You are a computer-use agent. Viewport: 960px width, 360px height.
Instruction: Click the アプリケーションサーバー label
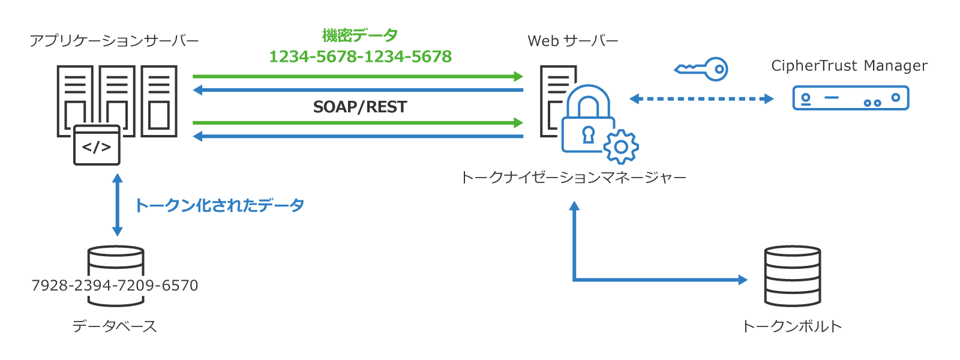(114, 41)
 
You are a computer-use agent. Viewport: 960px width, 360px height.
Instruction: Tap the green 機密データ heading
(359, 35)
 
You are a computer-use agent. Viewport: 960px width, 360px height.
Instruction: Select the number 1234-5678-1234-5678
(360, 56)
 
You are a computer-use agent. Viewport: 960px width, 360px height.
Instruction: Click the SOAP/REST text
(360, 107)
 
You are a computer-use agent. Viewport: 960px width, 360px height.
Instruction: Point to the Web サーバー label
(573, 41)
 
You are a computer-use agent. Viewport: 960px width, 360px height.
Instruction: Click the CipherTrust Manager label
(849, 65)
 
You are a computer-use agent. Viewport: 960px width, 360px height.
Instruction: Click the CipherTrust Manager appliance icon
(850, 98)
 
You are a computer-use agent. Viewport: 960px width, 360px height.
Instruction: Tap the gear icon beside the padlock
(621, 147)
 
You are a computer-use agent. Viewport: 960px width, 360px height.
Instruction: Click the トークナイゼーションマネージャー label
(573, 178)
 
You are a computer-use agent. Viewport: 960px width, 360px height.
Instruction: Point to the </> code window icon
(97, 146)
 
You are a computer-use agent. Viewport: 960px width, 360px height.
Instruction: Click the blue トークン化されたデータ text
(220, 205)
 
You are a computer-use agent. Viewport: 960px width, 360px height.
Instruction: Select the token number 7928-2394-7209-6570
(115, 286)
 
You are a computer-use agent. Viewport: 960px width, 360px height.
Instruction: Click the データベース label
(115, 326)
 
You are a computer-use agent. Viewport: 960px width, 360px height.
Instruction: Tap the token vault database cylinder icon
(792, 276)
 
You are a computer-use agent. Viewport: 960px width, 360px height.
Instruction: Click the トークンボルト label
(792, 326)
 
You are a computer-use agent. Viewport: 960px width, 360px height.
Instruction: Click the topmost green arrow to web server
(358, 76)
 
